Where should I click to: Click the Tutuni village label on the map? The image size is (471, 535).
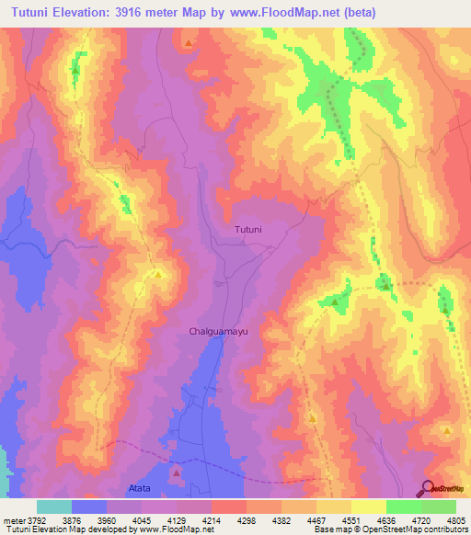pyautogui.click(x=248, y=229)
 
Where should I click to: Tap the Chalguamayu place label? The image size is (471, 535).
pyautogui.click(x=219, y=329)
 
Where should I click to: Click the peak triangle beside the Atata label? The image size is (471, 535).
pyautogui.click(x=176, y=472)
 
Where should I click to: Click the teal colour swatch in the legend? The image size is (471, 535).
pyautogui.click(x=54, y=507)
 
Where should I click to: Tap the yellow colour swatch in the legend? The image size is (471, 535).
pyautogui.click(x=369, y=507)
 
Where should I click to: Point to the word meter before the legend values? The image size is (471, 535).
pyautogui.click(x=11, y=520)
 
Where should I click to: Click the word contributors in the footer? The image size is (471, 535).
pyautogui.click(x=443, y=530)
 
